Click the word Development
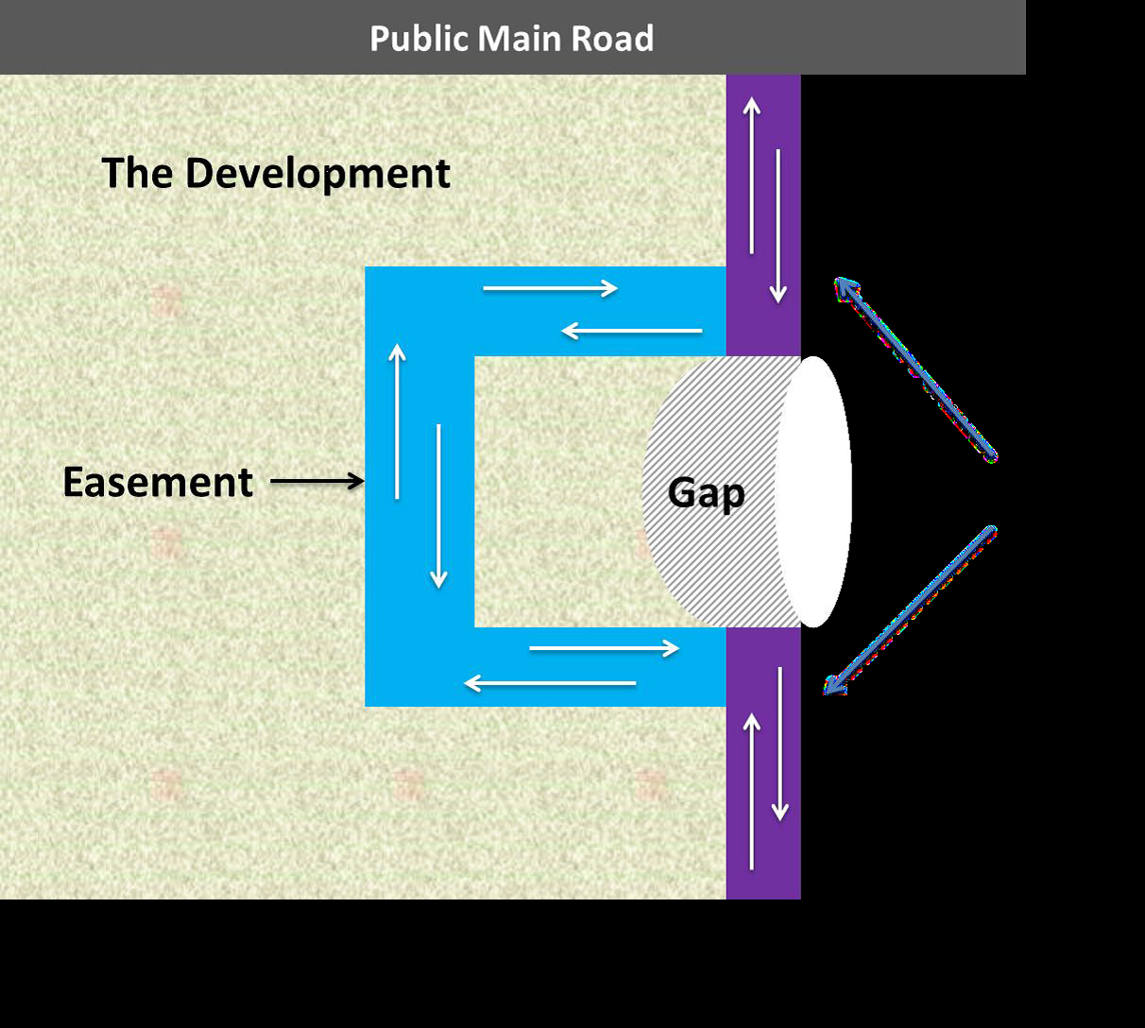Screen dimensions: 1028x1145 (316, 174)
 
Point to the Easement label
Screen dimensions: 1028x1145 (158, 482)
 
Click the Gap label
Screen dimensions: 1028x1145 (706, 492)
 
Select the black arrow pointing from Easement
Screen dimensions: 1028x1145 (316, 482)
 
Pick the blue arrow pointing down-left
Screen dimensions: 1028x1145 (910, 610)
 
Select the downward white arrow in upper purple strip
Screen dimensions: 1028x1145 (778, 226)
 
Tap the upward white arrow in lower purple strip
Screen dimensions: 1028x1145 (752, 791)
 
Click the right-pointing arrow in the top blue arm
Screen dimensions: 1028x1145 (551, 288)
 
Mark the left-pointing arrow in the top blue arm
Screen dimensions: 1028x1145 (631, 331)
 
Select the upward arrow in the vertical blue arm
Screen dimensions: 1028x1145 (397, 421)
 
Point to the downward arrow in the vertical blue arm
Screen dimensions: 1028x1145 (438, 506)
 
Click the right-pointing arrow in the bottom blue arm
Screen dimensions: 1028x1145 (604, 648)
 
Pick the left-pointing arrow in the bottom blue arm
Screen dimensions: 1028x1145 (550, 682)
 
